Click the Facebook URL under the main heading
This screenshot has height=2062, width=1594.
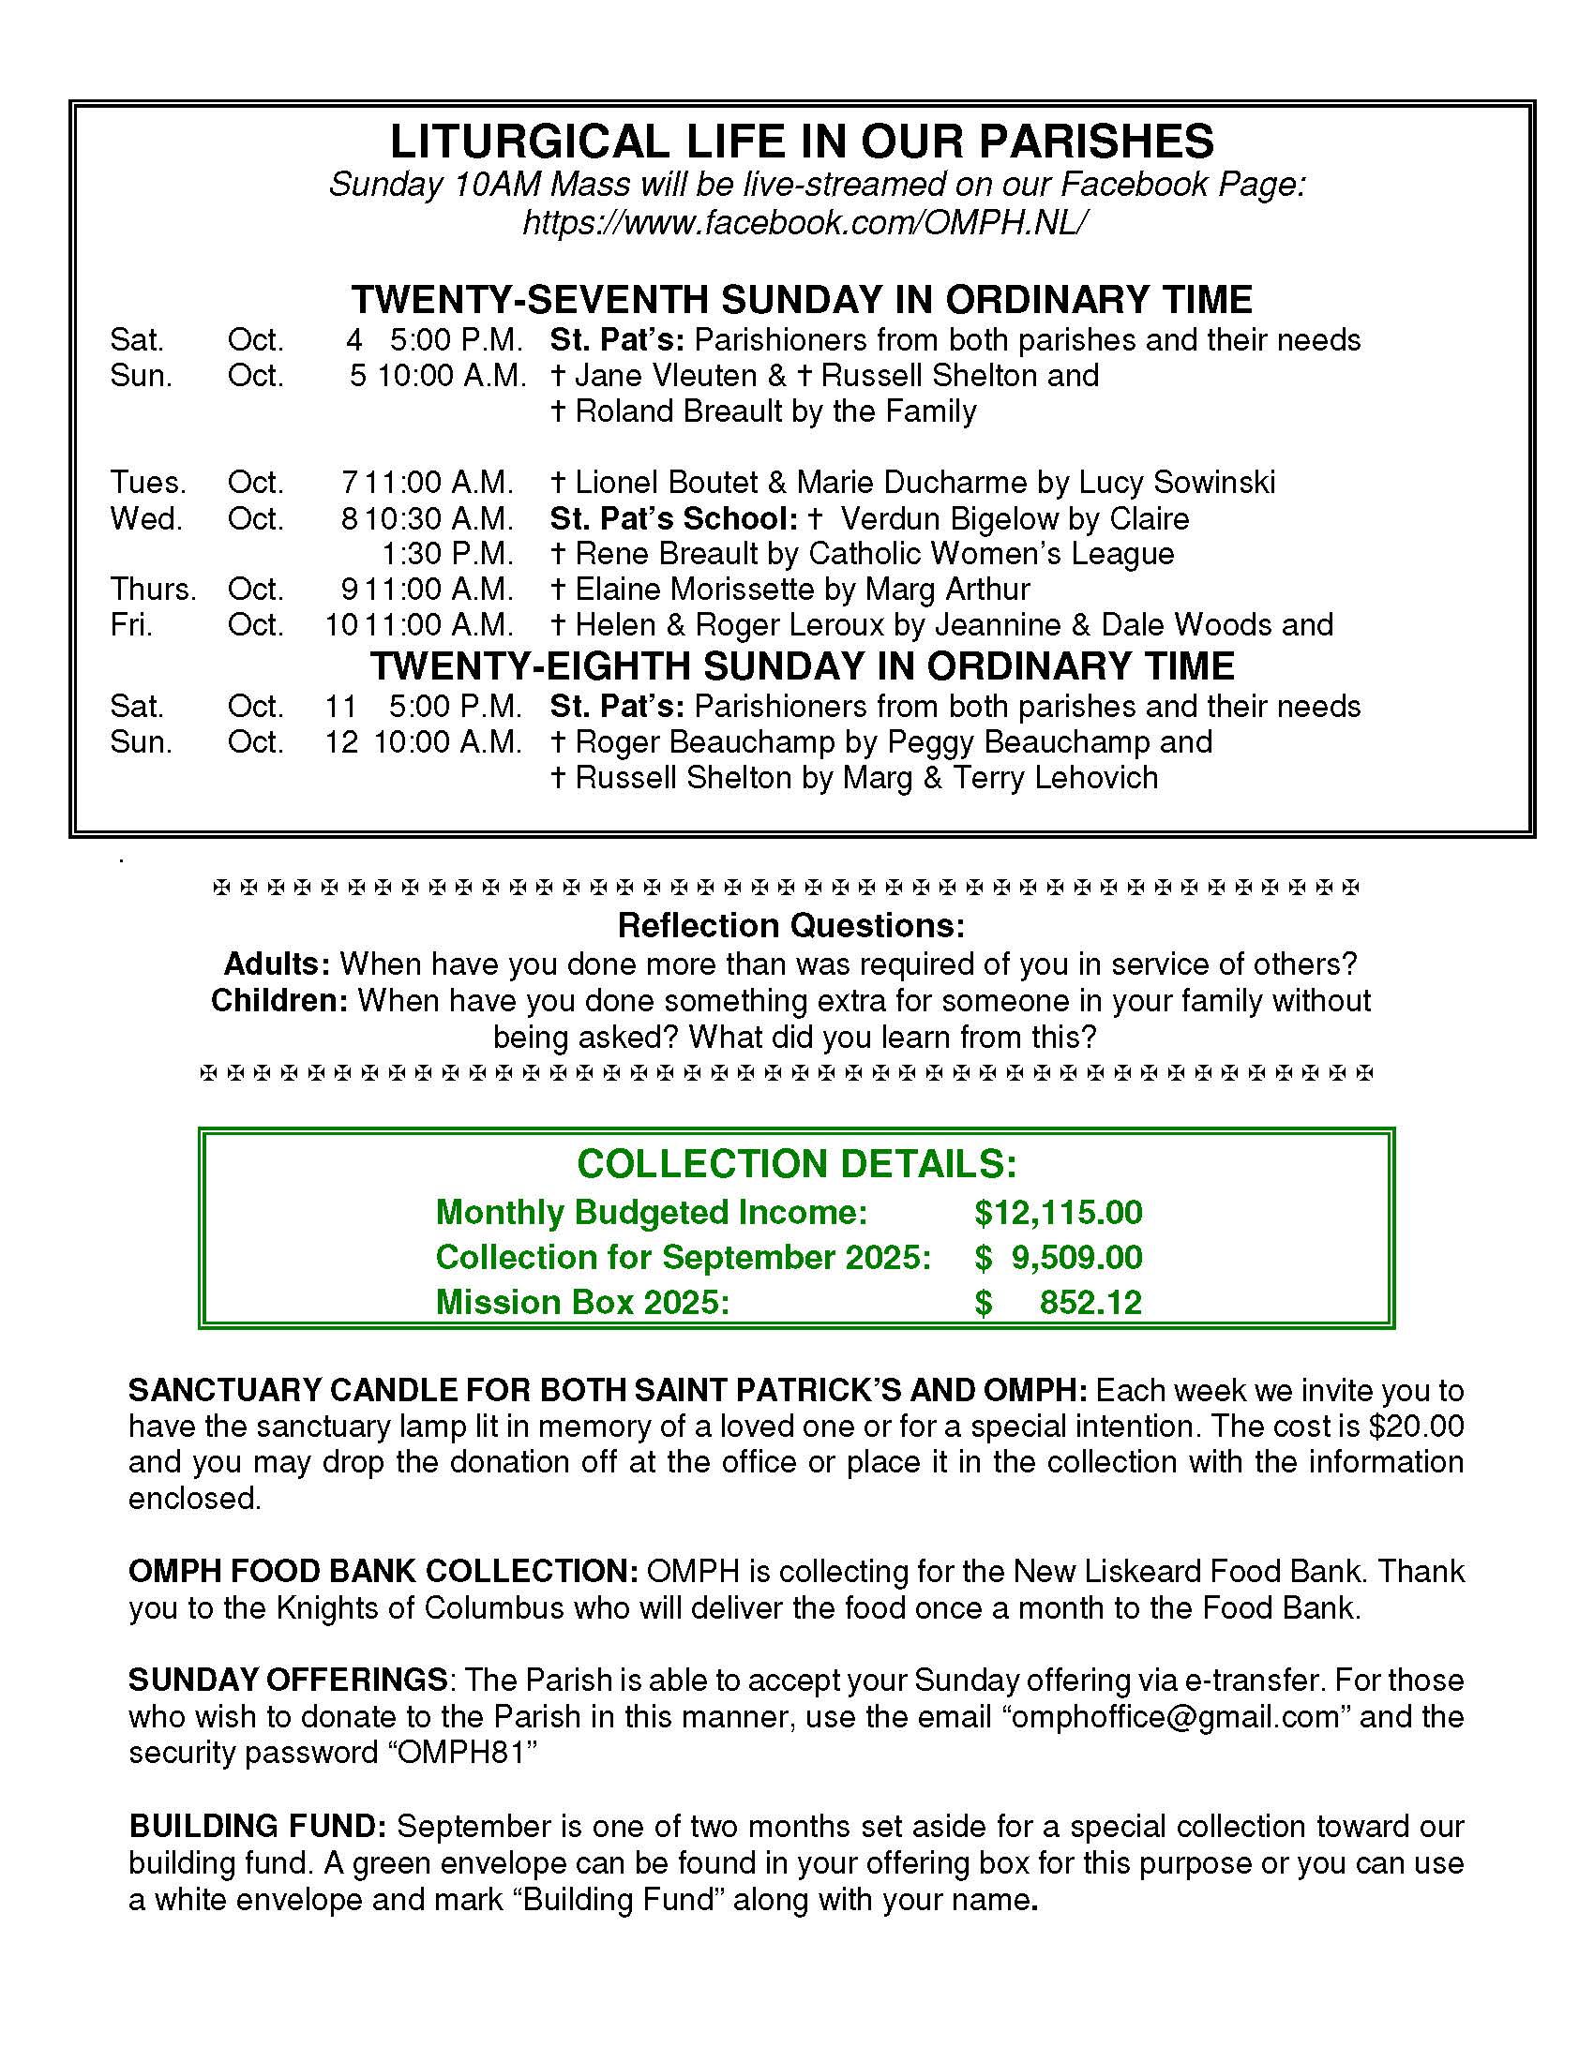[804, 223]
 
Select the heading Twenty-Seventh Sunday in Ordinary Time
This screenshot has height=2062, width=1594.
[801, 299]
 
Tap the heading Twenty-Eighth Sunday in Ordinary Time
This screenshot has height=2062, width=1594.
[801, 665]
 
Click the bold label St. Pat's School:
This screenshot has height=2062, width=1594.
[674, 518]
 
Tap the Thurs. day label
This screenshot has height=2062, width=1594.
[152, 590]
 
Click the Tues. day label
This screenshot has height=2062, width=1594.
[147, 483]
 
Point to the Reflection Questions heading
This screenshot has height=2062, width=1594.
[791, 925]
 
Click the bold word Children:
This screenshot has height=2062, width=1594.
[279, 1000]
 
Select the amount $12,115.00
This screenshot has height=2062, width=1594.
[1058, 1212]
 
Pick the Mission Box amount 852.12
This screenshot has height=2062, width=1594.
[1090, 1302]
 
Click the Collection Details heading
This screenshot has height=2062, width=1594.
[796, 1163]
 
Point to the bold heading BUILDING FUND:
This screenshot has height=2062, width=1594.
[257, 1826]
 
